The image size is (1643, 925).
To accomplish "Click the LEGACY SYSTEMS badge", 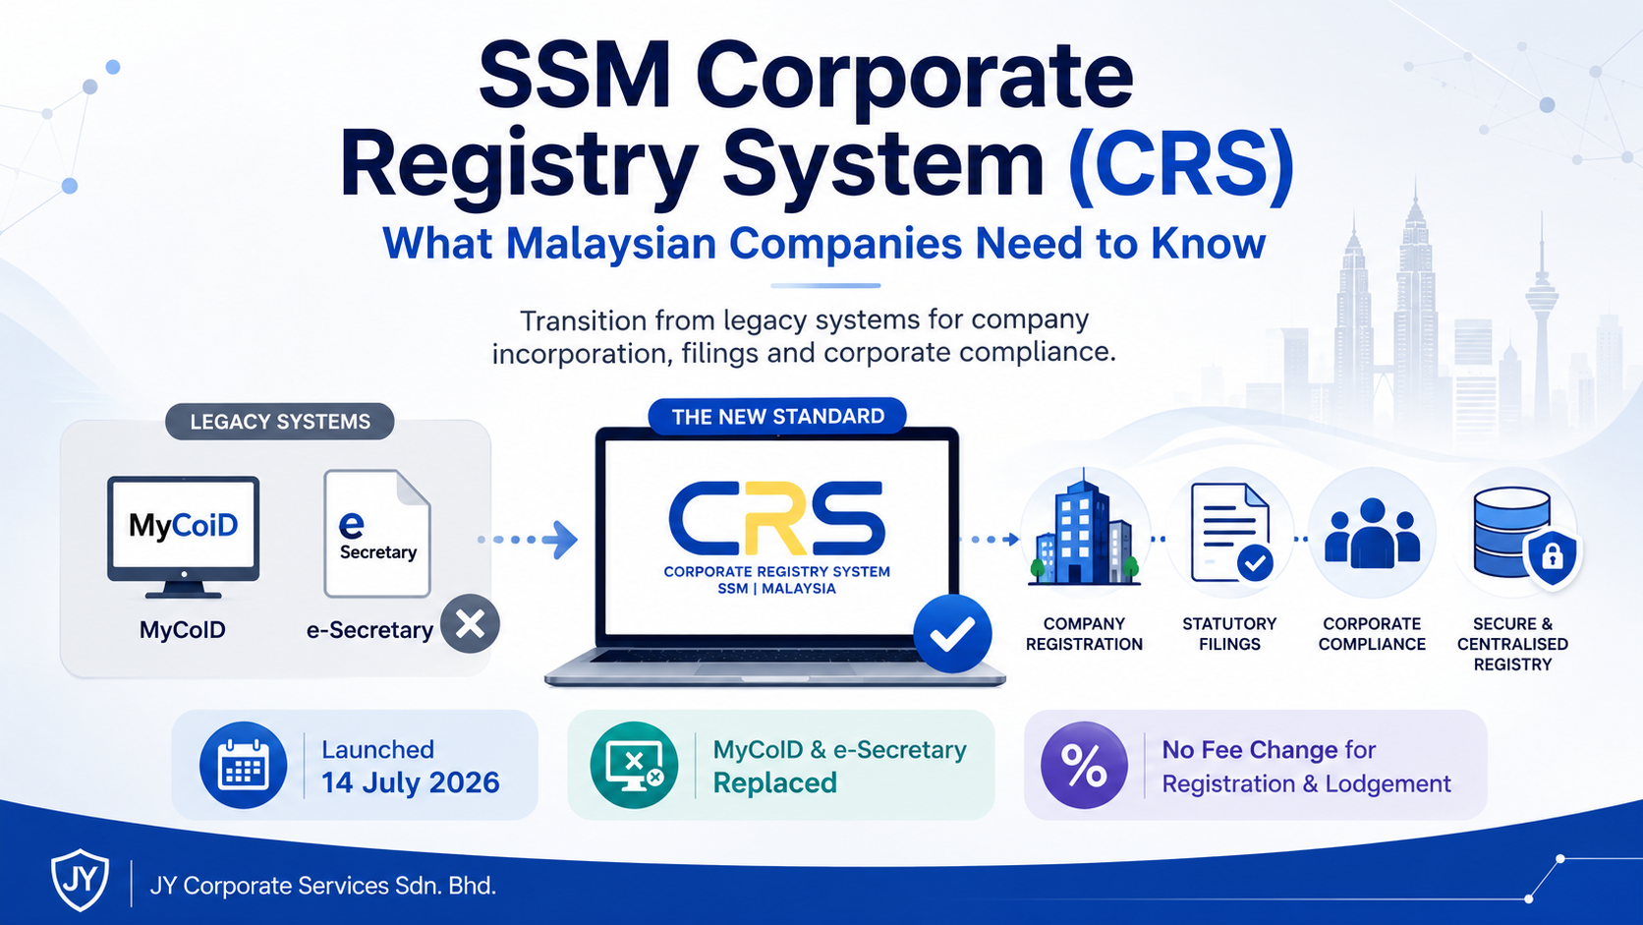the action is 279,422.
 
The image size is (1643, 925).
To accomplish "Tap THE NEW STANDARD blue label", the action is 777,417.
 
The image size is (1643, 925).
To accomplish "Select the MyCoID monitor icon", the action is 184,537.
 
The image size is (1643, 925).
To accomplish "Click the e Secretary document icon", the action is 377,534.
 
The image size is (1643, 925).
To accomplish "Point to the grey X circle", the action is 470,624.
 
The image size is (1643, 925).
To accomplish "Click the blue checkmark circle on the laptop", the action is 952,634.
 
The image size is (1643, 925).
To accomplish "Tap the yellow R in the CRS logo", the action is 776,518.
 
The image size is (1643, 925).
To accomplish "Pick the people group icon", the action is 1373,534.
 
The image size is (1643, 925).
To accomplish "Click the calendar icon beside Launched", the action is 244,765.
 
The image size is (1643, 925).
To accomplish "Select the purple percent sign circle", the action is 1084,765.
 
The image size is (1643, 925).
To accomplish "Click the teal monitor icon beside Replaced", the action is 635,765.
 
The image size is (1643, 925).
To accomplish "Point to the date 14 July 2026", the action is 411,782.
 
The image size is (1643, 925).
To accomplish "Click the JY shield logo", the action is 80,880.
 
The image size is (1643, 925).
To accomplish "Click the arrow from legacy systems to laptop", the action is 528,540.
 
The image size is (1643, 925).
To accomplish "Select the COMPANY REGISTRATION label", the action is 1084,634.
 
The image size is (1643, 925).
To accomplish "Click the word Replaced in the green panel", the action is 774,782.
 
